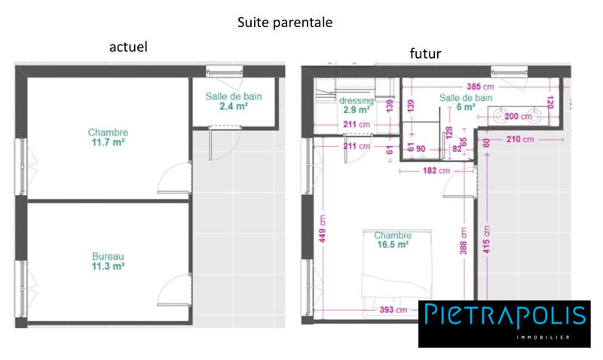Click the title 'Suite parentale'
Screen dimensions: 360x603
pos(285,23)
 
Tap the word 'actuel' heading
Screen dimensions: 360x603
pos(128,47)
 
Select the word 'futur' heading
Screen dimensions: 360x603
pos(425,53)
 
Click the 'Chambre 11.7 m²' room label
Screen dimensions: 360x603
pos(108,138)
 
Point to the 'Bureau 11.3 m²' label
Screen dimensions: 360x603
pos(108,261)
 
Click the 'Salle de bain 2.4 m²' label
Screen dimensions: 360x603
pos(232,102)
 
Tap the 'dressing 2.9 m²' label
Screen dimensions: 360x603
pos(357,105)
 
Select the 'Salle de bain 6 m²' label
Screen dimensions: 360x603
pos(466,102)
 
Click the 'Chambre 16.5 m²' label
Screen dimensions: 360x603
pos(392,239)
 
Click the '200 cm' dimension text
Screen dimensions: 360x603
pos(517,117)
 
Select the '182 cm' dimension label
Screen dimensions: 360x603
pos(435,171)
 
